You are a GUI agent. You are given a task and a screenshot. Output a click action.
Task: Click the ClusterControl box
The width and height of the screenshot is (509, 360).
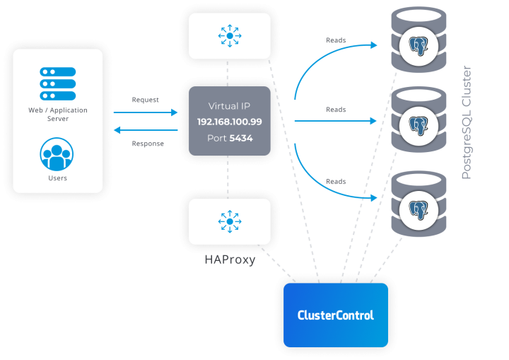tap(336, 315)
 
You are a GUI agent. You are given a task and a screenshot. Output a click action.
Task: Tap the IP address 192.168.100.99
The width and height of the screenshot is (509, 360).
tap(229, 122)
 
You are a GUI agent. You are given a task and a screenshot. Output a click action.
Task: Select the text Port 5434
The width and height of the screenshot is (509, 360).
tap(229, 138)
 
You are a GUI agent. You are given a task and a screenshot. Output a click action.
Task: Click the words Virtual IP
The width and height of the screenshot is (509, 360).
tap(229, 106)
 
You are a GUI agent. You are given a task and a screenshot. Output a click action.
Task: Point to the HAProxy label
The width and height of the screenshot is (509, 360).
tap(229, 260)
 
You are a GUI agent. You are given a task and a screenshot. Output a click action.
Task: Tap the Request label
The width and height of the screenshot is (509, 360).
tap(146, 100)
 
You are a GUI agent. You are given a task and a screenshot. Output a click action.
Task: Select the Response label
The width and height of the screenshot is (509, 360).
tap(148, 144)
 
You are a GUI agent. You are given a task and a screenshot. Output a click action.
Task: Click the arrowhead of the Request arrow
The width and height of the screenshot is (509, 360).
tap(176, 112)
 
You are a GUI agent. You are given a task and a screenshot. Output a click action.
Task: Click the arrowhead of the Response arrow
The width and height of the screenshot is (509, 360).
tap(117, 130)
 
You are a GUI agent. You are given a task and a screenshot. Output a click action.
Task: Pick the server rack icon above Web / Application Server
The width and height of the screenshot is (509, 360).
tap(58, 83)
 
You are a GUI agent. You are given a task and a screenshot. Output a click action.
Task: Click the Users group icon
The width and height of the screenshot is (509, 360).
tap(57, 154)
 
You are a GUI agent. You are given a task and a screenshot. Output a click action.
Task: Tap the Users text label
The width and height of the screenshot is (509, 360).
tap(58, 178)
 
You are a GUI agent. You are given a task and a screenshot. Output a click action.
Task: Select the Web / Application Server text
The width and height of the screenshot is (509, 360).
tap(58, 115)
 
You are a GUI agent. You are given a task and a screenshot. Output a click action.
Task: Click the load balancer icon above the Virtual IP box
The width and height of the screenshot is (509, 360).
tap(229, 35)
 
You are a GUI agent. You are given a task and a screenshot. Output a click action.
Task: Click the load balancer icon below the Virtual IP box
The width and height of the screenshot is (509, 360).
tap(229, 221)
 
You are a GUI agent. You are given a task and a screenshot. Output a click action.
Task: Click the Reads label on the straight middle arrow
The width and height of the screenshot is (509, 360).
tap(336, 110)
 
